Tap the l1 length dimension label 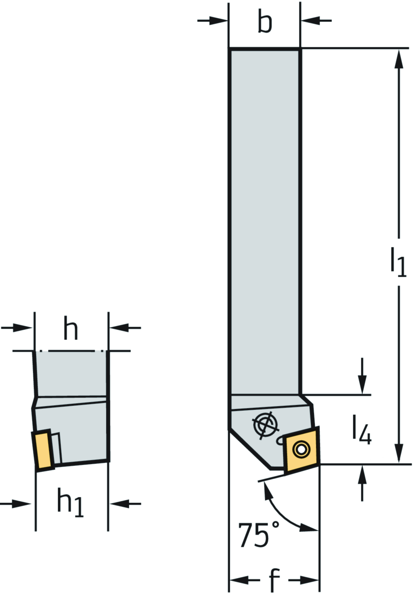tap(398, 262)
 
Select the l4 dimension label tap(362, 430)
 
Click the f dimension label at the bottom tap(274, 580)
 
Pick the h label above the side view tap(71, 327)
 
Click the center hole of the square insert tap(302, 449)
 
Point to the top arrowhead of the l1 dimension tap(399, 59)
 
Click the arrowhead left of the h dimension tap(23, 327)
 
